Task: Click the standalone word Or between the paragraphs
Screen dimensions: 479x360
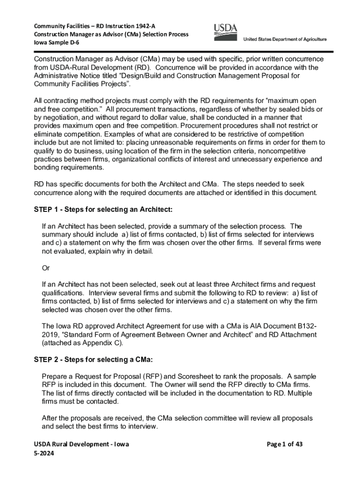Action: (46, 268)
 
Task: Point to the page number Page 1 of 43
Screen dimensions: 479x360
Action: (283, 444)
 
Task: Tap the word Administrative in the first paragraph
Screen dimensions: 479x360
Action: (58, 76)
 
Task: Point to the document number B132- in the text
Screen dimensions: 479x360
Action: (307, 326)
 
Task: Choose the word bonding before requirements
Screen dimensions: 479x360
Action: (48, 168)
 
